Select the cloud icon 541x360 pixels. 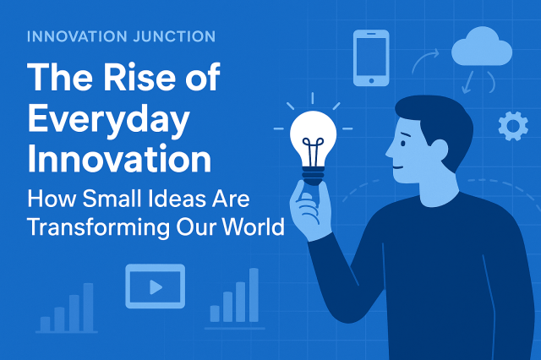point(481,47)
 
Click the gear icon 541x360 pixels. point(512,126)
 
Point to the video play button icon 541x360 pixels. point(155,286)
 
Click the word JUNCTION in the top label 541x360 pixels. point(172,36)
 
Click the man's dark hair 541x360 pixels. point(431,114)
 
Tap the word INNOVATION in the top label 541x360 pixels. point(75,36)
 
